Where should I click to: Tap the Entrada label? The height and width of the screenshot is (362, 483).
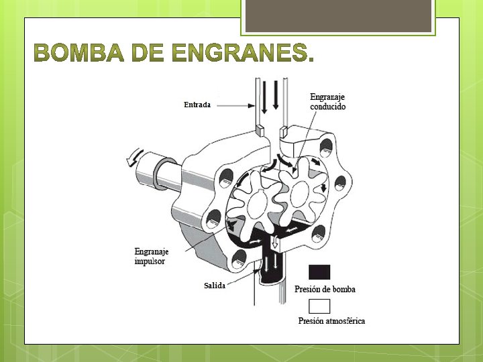click(x=197, y=105)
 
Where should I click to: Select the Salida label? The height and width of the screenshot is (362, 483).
click(x=214, y=286)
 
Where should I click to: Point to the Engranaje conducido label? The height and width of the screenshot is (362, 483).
click(x=328, y=101)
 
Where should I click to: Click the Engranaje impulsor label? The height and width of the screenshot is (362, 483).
click(x=151, y=256)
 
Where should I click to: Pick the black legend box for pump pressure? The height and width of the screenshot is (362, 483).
click(x=319, y=272)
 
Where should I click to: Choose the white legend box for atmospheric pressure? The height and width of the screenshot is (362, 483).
click(x=319, y=306)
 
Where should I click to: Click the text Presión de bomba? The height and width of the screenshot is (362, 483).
click(x=325, y=289)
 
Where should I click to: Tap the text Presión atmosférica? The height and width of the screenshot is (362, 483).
click(x=331, y=321)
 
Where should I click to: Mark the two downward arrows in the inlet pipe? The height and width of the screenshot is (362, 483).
click(x=269, y=95)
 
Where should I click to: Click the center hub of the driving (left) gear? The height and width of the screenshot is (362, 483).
click(x=258, y=202)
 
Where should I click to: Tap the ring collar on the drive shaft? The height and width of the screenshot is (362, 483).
click(x=164, y=173)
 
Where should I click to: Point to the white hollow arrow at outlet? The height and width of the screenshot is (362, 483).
click(x=274, y=243)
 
